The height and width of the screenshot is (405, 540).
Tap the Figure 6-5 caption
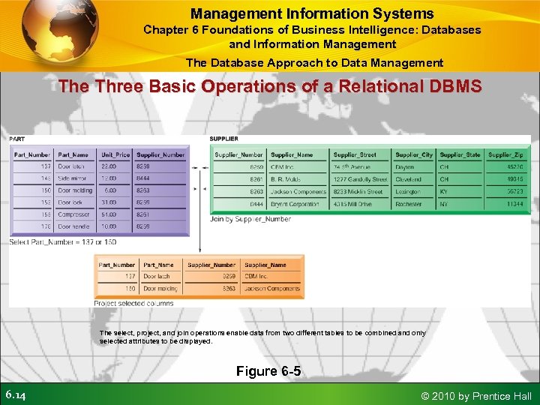[x=268, y=371]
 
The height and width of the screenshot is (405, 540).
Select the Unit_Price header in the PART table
[x=115, y=154]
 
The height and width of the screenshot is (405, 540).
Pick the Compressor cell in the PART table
[x=74, y=214]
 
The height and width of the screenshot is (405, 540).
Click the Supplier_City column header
[x=414, y=154]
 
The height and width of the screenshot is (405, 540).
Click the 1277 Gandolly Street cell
[x=361, y=179]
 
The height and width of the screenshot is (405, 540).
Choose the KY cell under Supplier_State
[x=445, y=191]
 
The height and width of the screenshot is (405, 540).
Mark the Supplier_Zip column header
[x=505, y=154]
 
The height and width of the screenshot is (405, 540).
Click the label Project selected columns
[x=133, y=304]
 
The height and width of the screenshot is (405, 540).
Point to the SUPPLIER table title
[x=224, y=139]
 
